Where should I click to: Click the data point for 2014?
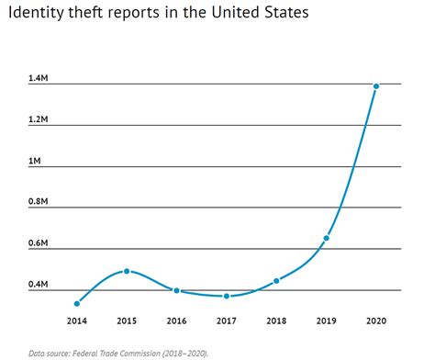click(77, 303)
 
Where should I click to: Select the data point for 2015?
click(127, 271)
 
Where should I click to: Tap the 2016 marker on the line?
click(177, 290)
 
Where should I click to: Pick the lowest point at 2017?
click(227, 296)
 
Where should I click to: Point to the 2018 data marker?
click(276, 280)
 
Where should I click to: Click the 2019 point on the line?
click(326, 238)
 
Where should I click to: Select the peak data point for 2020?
click(375, 86)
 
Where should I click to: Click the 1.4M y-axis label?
click(39, 80)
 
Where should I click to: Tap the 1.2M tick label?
click(39, 120)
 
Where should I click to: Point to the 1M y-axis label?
click(35, 162)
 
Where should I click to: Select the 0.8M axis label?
click(39, 202)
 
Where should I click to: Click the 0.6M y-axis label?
click(39, 243)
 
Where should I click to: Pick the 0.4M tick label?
click(39, 285)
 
